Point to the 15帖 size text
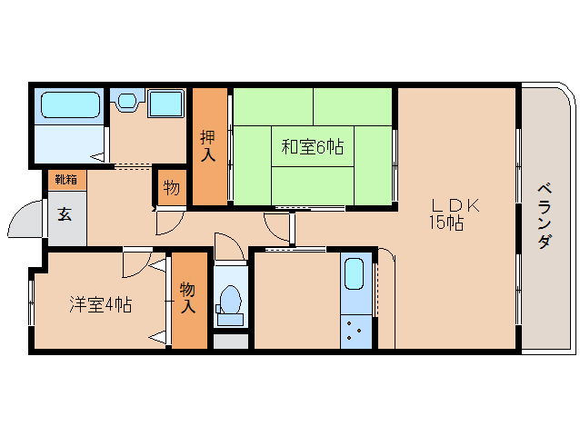(447, 223)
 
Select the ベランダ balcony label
(545, 216)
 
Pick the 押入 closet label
(208, 146)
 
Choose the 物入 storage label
(188, 299)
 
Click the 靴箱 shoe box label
(65, 179)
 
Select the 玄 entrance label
(65, 214)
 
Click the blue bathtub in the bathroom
(69, 105)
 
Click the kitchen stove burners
(356, 332)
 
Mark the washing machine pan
(166, 104)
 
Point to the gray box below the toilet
(231, 342)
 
